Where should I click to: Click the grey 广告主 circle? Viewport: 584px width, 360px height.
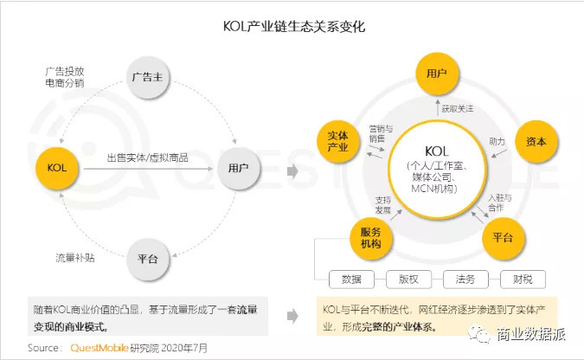pos(148,78)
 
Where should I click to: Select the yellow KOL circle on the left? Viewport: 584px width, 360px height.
pos(57,168)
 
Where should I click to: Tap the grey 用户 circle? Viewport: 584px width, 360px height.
pos(239,168)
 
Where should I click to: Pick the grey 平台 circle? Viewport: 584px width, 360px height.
pos(148,259)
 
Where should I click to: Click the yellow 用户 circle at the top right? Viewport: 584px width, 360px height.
pos(437,74)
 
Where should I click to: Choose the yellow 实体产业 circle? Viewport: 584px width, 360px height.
pos(338,141)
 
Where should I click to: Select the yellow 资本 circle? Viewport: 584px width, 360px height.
pos(536,141)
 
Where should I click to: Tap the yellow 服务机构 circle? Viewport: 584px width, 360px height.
pos(371,238)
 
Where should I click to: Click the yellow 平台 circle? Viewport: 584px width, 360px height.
pos(504,238)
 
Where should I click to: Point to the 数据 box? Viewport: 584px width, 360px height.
pos(351,280)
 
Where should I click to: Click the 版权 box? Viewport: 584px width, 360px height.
pos(408,280)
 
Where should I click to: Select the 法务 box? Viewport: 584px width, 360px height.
pos(465,280)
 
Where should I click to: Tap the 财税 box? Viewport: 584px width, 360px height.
pos(523,280)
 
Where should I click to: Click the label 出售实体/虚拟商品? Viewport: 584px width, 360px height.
pos(147,158)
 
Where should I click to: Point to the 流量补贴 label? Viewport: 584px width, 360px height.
pos(75,258)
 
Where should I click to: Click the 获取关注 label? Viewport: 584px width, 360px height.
pos(458,109)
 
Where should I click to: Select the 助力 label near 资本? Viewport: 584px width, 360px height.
pos(497,141)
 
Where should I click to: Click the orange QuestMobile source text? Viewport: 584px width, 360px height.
pos(99,348)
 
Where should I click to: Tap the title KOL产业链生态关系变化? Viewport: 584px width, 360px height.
pos(294,27)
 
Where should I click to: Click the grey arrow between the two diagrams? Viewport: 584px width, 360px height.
pos(292,171)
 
